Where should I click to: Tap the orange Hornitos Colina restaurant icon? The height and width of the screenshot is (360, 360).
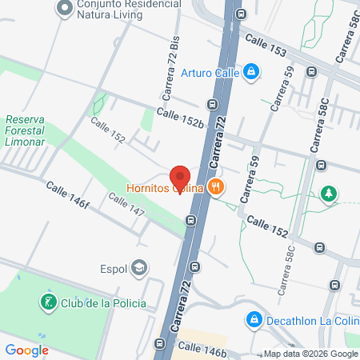tap(215, 188)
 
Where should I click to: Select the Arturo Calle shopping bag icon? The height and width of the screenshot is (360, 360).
tap(251, 72)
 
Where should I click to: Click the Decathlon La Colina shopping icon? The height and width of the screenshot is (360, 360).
tap(254, 319)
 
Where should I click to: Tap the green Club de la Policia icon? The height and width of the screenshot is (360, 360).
tap(49, 302)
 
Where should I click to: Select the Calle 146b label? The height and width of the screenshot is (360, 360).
tap(202, 346)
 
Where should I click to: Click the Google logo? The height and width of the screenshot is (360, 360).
tap(26, 350)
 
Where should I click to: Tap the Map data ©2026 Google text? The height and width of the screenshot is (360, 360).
tap(310, 354)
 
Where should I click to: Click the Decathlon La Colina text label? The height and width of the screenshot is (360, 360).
tap(308, 319)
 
